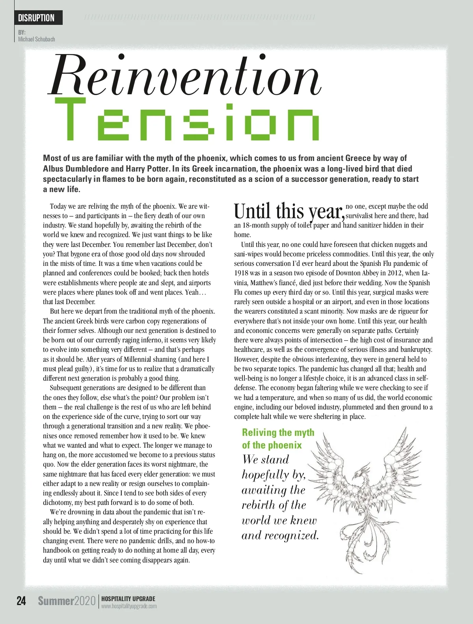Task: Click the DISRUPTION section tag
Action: [x=36, y=18]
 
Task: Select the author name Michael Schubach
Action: [x=37, y=39]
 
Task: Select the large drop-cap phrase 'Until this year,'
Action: [x=289, y=211]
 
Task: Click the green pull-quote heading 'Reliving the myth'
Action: [x=278, y=432]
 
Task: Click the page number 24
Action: [x=21, y=601]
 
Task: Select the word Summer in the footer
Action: [x=56, y=601]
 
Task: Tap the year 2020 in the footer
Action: [x=85, y=601]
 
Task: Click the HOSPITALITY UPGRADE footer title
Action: [x=128, y=598]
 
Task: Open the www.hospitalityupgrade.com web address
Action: [x=129, y=606]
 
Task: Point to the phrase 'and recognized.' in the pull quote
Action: [x=279, y=535]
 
